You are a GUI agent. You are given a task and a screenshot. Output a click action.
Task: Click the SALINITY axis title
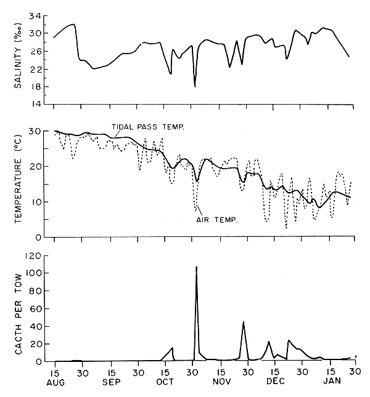click(x=18, y=59)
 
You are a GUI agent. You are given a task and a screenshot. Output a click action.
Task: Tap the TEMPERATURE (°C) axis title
click(x=18, y=183)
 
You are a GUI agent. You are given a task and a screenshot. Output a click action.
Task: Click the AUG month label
click(x=55, y=382)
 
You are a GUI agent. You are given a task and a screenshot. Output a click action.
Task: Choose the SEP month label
click(x=111, y=382)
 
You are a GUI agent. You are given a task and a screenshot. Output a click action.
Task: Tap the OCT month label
click(x=165, y=382)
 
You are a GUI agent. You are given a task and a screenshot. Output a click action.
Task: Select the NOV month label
click(x=220, y=382)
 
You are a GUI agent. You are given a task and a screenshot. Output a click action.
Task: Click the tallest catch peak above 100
click(x=196, y=267)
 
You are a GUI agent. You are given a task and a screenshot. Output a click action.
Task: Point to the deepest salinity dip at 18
click(x=195, y=86)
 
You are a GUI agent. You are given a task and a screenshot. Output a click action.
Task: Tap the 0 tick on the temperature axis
click(x=39, y=237)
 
